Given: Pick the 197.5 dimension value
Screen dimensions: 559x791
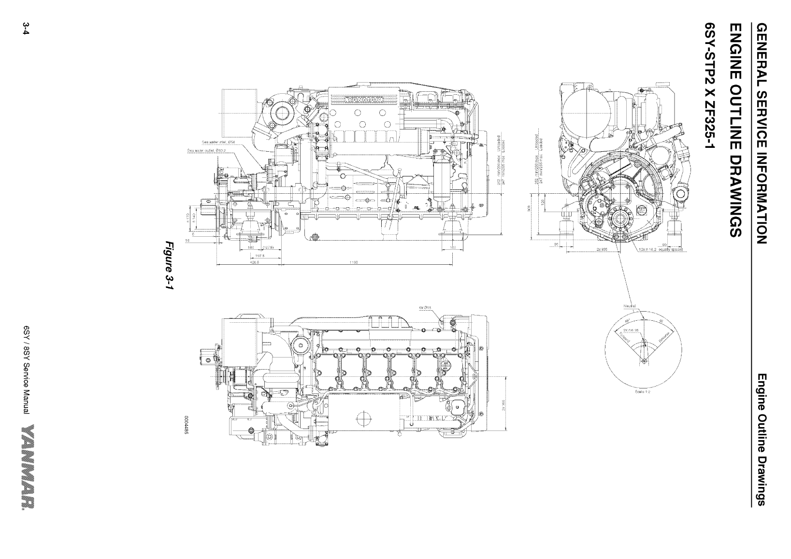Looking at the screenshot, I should tap(259, 255).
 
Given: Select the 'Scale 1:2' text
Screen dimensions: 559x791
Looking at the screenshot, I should tap(642, 392).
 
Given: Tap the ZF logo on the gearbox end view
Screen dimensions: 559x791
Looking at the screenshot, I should tap(642, 211).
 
